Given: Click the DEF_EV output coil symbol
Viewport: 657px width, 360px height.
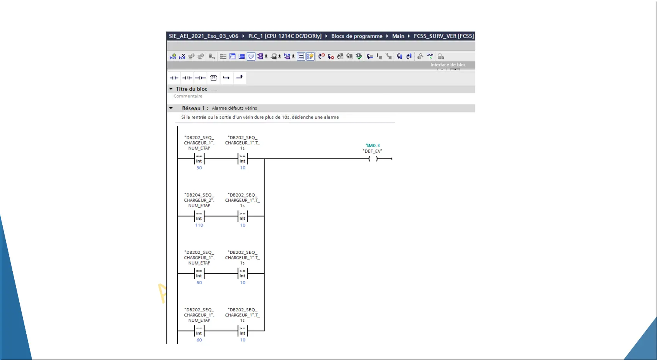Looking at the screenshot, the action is (x=373, y=159).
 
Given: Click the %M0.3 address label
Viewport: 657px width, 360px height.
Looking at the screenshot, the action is (x=373, y=145).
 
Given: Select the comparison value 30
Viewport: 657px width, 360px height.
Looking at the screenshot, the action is (x=199, y=168).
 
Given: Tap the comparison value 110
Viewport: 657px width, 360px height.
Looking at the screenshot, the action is (x=199, y=225).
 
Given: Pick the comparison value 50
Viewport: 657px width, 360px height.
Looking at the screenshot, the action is (x=199, y=283).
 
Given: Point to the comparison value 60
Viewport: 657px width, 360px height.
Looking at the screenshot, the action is (x=199, y=340).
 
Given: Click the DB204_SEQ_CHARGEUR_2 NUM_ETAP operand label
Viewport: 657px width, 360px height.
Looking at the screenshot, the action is (x=199, y=200).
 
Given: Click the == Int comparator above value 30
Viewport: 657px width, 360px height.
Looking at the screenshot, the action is (x=199, y=159).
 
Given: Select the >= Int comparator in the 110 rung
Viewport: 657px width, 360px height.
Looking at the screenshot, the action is (x=243, y=216).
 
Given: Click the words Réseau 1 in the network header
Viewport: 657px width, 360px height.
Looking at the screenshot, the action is (x=194, y=108).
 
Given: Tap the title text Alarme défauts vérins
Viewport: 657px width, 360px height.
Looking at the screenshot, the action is (x=234, y=108).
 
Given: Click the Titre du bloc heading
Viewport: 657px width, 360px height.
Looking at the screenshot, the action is (x=191, y=89).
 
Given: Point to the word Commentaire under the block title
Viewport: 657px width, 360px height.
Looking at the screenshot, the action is (x=188, y=96).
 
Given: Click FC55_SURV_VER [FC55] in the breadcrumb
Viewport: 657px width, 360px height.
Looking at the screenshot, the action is (x=444, y=36).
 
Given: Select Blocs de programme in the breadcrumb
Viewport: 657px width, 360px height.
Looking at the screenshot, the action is (x=357, y=36).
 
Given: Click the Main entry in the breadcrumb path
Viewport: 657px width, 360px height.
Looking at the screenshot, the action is (x=398, y=36).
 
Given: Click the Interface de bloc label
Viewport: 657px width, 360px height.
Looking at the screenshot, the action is (x=448, y=65).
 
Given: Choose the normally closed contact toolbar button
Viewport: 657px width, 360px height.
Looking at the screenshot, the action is (x=187, y=78).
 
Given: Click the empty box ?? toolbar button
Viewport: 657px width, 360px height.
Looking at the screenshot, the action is (x=213, y=78).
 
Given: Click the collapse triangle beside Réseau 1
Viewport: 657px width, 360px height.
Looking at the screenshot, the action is (x=171, y=108).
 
